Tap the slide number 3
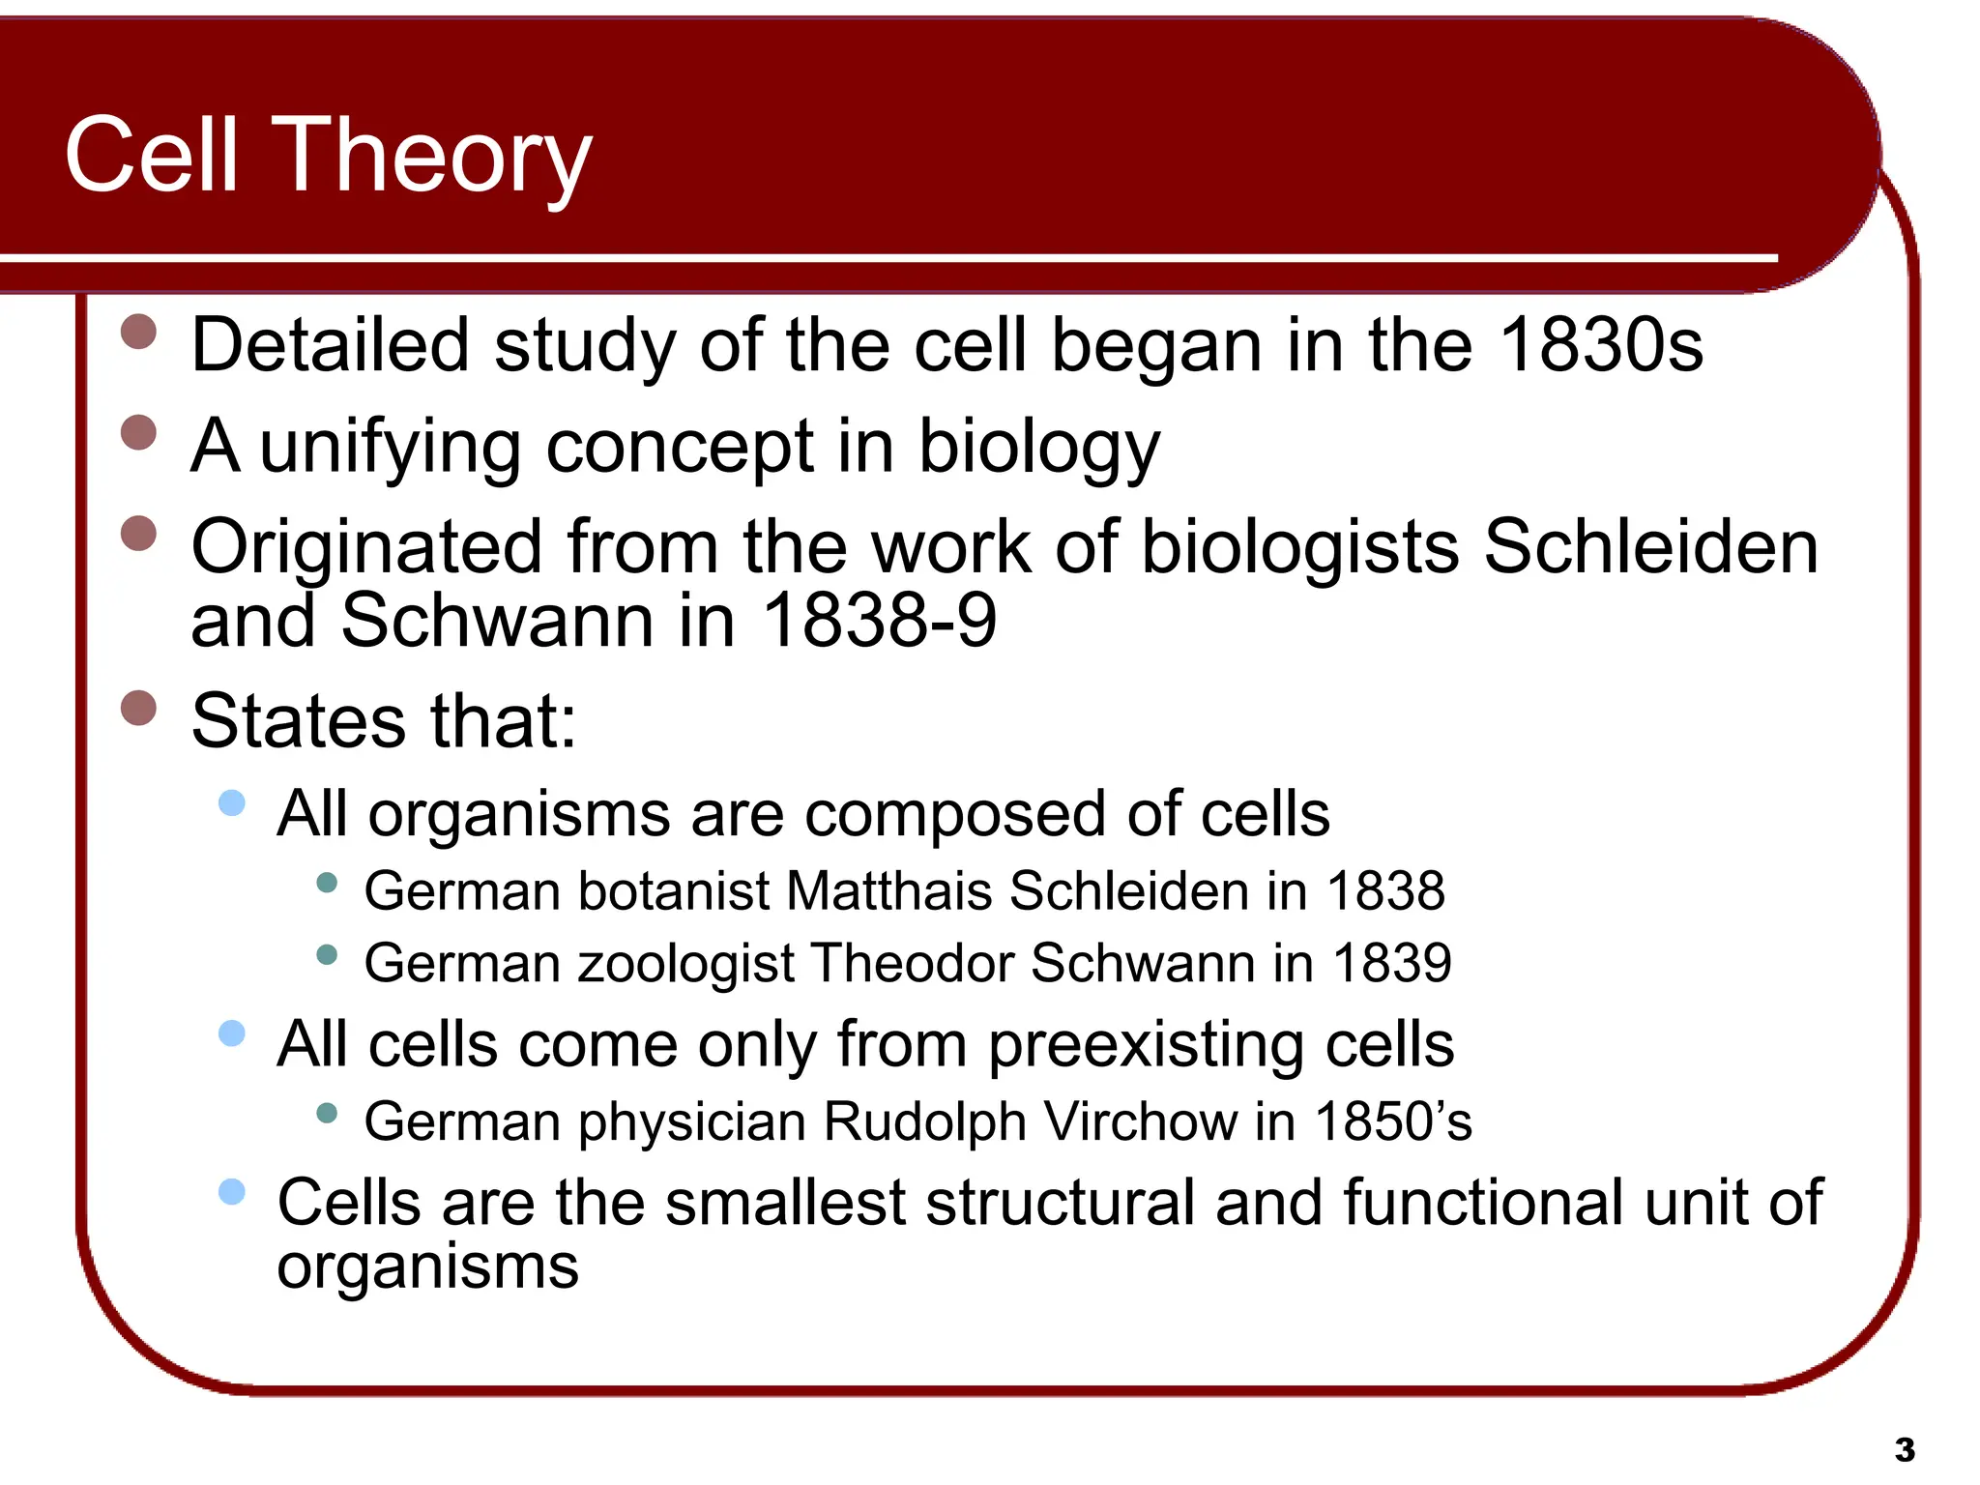1905,1450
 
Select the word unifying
391,447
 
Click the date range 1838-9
879,620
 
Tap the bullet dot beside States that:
139,708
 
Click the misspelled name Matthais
889,890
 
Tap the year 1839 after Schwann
1392,964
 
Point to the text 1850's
1393,1121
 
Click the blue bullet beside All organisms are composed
232,802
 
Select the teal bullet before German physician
327,1113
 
